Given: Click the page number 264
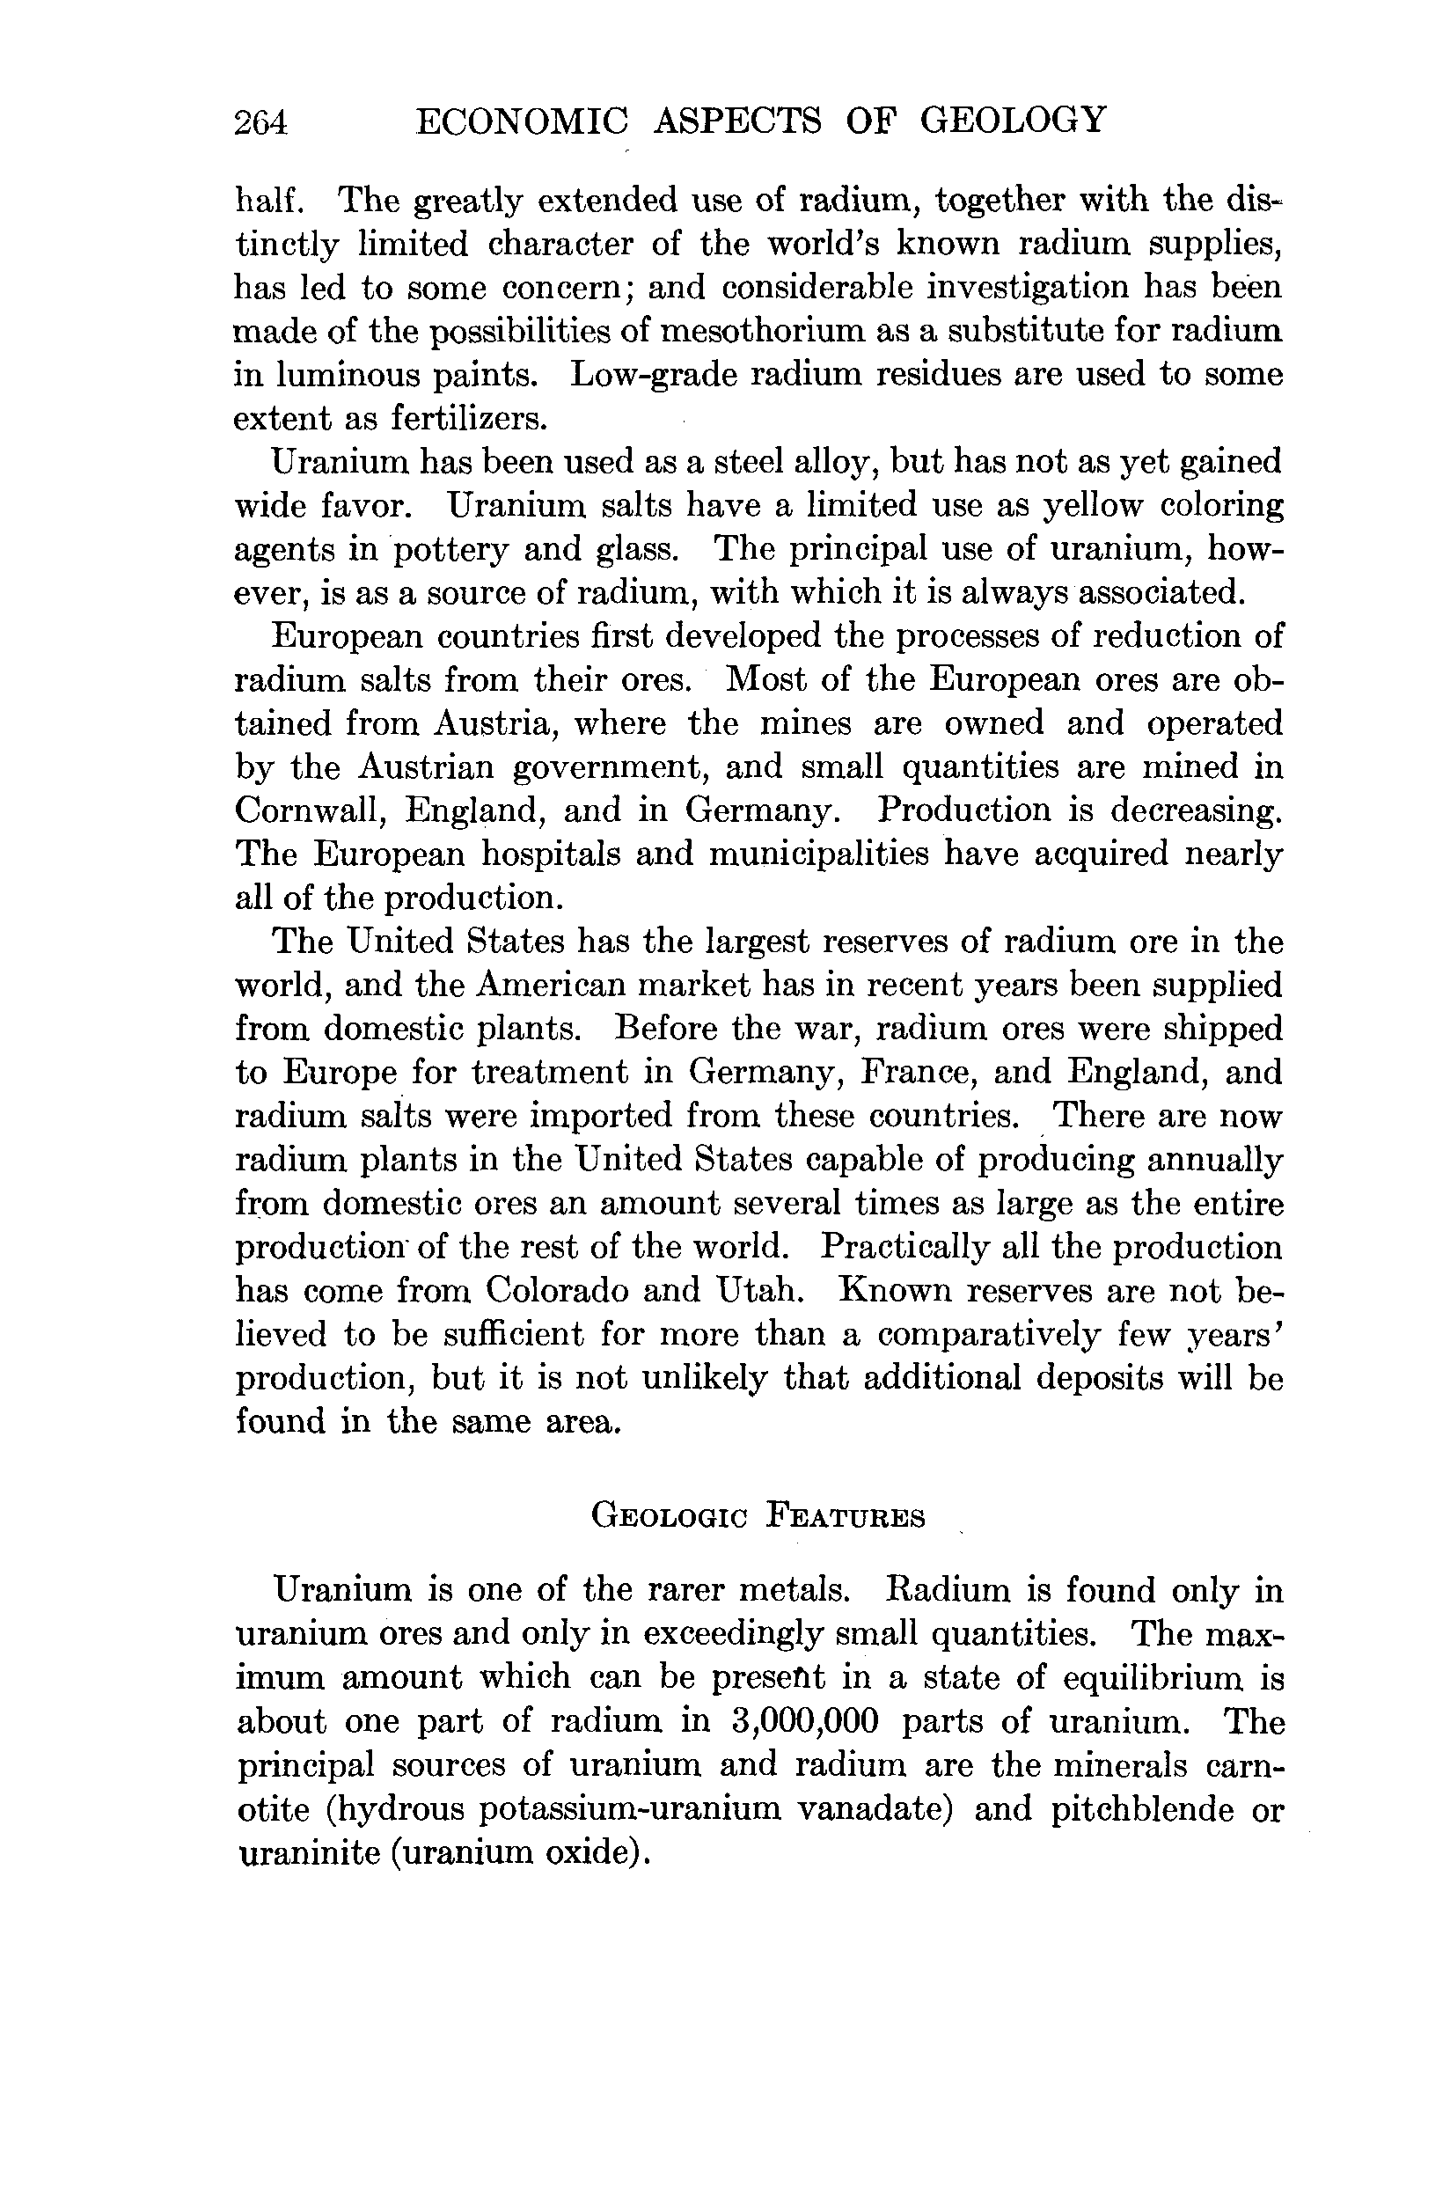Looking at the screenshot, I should (x=261, y=122).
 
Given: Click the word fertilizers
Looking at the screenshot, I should (x=469, y=419).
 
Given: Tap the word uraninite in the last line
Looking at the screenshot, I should (x=305, y=1852).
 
